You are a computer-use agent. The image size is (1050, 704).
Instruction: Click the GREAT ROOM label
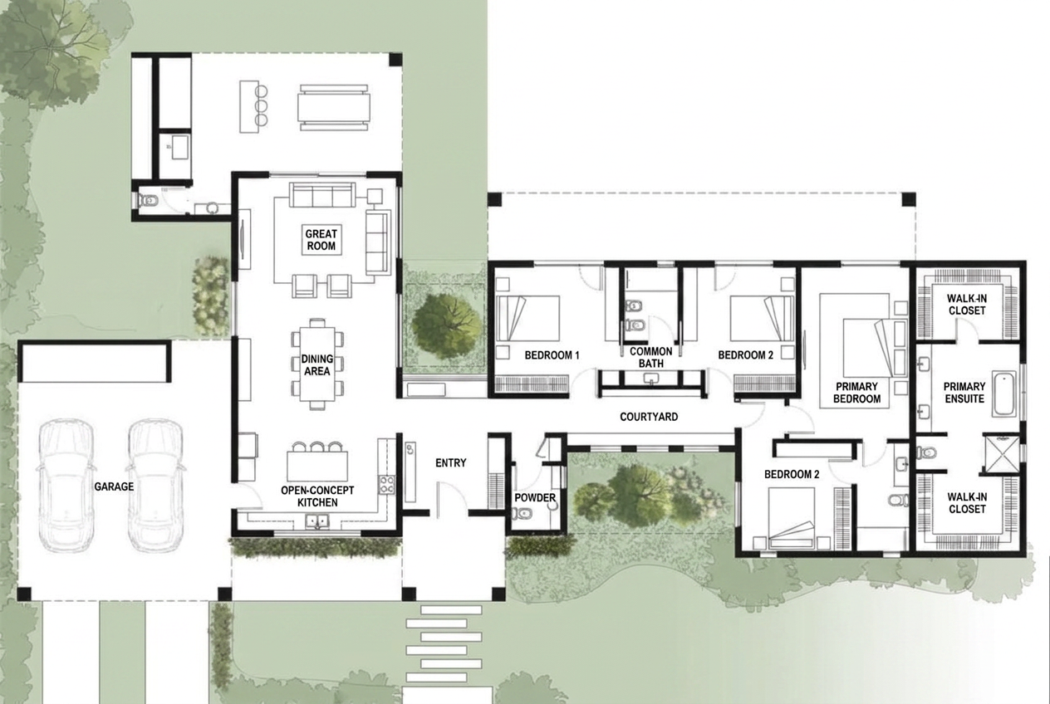click(321, 240)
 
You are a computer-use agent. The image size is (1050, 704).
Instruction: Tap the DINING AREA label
click(317, 365)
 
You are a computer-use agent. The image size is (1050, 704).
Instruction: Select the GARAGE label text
click(114, 486)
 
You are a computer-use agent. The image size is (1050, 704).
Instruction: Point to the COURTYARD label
click(649, 417)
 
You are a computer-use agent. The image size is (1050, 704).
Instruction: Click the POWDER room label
click(535, 497)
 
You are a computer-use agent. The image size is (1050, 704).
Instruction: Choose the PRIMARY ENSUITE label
click(964, 393)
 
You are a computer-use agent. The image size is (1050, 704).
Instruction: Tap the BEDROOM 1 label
click(552, 355)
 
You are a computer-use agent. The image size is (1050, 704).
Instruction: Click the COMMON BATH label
click(650, 357)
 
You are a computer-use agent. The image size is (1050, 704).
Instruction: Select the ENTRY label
click(451, 462)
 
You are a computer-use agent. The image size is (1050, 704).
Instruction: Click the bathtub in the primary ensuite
click(1004, 394)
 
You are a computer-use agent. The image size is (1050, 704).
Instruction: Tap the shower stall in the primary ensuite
click(1001, 454)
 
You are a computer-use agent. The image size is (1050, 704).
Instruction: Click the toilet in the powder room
click(522, 514)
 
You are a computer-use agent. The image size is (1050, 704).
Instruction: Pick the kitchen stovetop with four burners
click(387, 485)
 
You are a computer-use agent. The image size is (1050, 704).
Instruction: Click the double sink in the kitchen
click(317, 521)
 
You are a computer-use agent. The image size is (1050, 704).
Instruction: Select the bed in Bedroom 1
click(528, 318)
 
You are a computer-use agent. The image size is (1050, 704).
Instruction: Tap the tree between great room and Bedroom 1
click(447, 320)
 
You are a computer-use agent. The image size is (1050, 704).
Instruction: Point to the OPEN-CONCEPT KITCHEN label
click(317, 496)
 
